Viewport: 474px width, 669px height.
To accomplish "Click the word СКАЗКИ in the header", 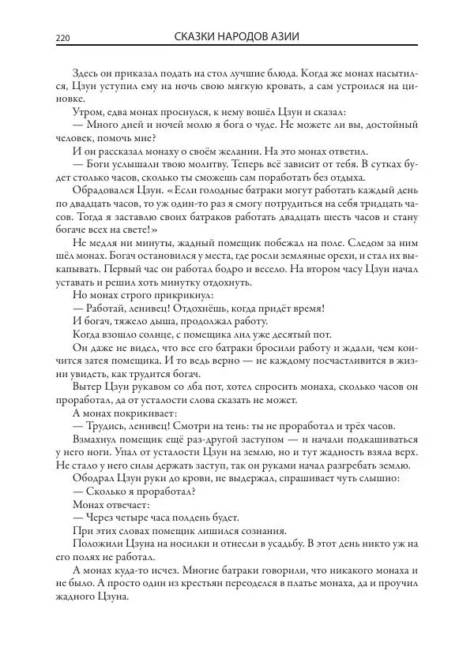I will (x=196, y=37).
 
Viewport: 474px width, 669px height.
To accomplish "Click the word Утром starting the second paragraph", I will (x=87, y=112).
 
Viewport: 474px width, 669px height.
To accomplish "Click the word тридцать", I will (x=366, y=203).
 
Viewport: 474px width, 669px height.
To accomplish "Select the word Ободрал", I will (x=94, y=476).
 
